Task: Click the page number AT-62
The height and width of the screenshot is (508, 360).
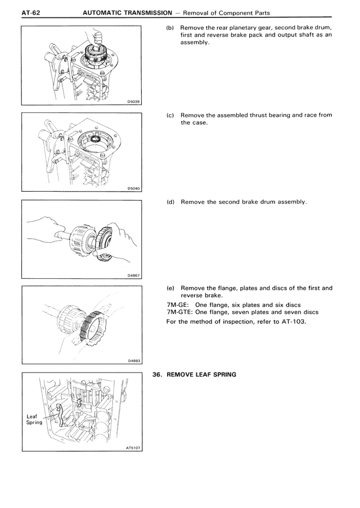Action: click(x=13, y=12)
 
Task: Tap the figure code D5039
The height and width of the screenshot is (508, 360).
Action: click(x=133, y=102)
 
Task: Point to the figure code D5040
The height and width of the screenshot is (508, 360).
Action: click(x=133, y=188)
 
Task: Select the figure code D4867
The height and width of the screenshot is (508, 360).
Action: click(x=133, y=275)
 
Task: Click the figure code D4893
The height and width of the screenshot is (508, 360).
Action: click(x=133, y=361)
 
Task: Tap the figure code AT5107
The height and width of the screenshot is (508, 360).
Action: click(x=132, y=448)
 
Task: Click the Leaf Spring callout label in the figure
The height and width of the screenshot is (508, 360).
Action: click(x=34, y=419)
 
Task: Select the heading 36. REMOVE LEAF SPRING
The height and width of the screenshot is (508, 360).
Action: click(x=194, y=374)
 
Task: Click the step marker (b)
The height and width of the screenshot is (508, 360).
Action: click(x=170, y=28)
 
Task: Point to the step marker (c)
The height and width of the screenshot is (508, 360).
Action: click(x=170, y=115)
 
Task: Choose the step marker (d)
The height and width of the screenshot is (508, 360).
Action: click(x=170, y=202)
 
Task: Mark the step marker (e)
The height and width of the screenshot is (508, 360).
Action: click(x=170, y=288)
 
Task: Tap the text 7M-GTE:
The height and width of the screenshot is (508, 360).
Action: click(x=180, y=312)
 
